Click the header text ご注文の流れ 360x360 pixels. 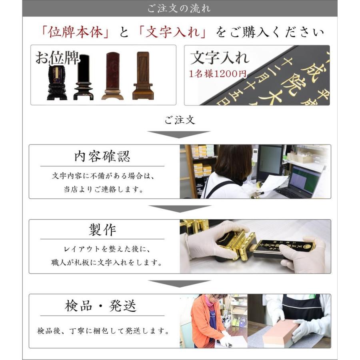180,8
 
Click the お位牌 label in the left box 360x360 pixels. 57,58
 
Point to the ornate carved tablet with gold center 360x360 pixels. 57,80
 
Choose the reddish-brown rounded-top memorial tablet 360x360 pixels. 112,76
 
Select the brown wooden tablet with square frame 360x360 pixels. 143,76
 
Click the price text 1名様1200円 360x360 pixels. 218,74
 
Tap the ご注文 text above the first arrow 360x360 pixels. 180,120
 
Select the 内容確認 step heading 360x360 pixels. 102,156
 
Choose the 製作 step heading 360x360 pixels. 102,230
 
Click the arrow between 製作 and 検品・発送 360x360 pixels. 180,283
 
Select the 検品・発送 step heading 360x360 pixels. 101,306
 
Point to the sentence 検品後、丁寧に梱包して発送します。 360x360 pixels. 102,331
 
